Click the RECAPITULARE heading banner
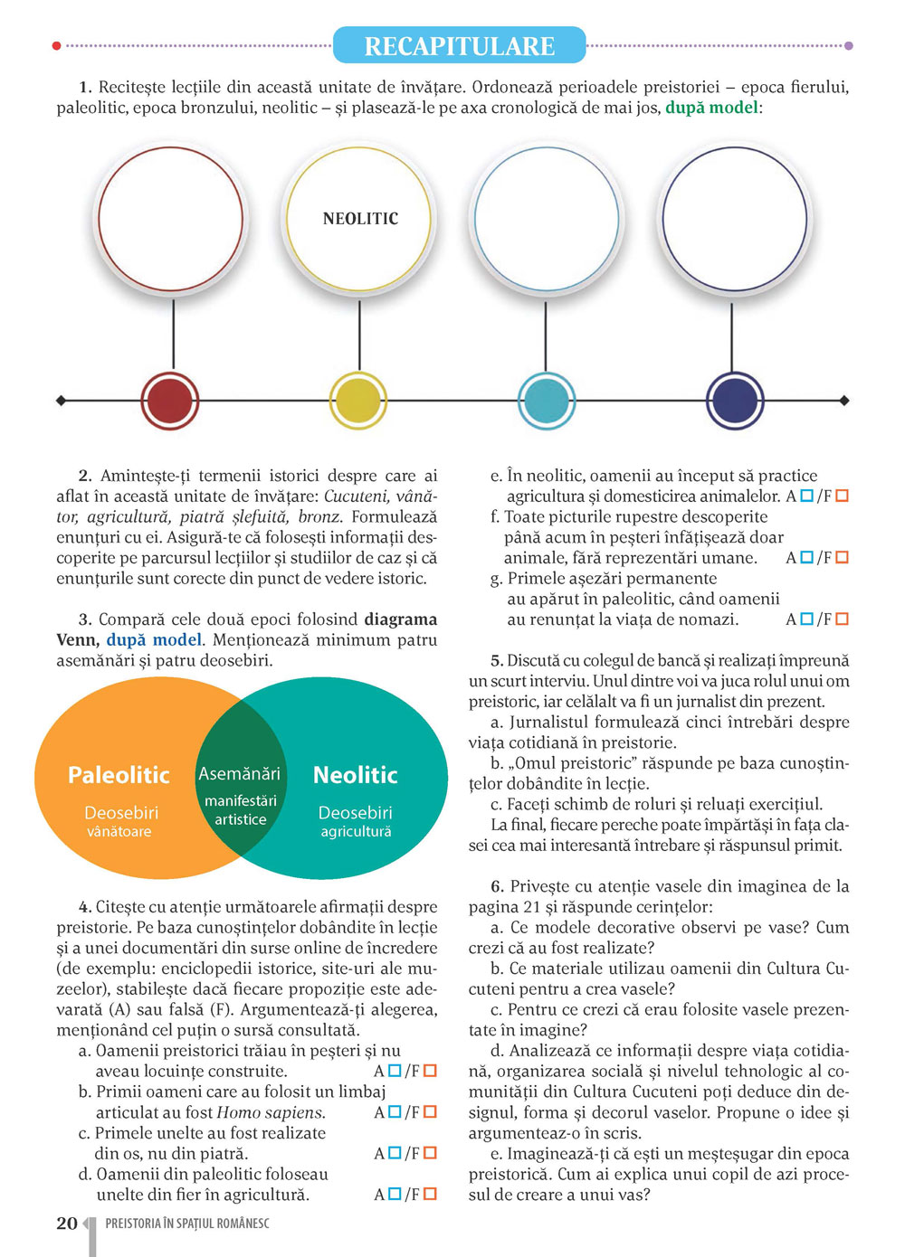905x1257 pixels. coord(459,45)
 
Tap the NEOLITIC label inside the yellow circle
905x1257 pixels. coord(360,219)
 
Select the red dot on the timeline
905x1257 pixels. coord(170,401)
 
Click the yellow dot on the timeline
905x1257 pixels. coord(358,401)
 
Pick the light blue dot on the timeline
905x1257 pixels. coord(546,401)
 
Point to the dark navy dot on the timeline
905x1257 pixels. coord(734,401)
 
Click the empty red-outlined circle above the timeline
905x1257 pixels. coord(171,219)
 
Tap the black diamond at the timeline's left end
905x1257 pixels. coord(61,401)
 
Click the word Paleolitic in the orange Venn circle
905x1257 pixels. coord(119,775)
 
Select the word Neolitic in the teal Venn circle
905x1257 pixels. coord(355,775)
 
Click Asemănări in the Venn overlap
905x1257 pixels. coord(239,774)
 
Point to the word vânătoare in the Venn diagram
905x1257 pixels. coord(119,832)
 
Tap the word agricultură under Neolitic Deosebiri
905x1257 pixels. coord(356,832)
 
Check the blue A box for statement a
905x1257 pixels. coord(395,1071)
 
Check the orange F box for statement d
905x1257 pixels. coord(430,1195)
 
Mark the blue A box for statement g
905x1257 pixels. coord(806,619)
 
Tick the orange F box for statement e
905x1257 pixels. coord(842,496)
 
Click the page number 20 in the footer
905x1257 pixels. coord(67,1224)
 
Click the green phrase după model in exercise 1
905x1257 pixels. coord(711,108)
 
